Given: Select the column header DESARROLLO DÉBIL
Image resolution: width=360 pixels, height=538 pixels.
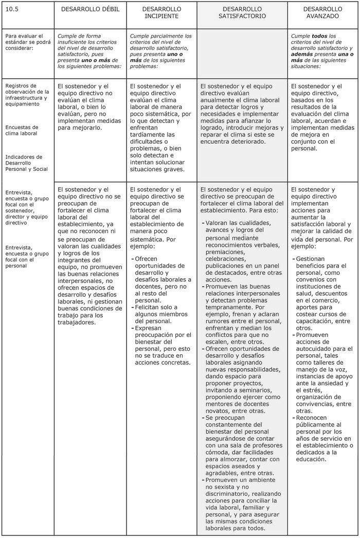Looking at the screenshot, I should pyautogui.click(x=90, y=9).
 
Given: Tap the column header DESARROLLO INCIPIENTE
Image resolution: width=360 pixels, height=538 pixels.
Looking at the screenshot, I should pyautogui.click(x=161, y=12).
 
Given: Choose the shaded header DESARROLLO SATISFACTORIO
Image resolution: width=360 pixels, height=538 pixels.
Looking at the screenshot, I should pyautogui.click(x=242, y=12).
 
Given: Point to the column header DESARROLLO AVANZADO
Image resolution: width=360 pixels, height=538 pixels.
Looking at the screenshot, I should pyautogui.click(x=322, y=12).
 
